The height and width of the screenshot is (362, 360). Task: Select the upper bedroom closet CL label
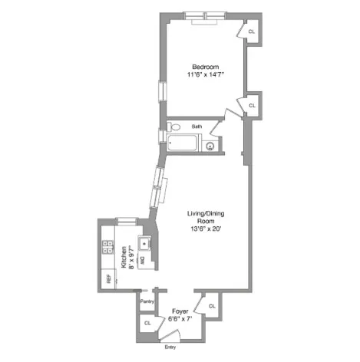(x=250, y=32)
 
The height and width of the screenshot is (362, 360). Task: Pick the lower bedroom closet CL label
(x=250, y=104)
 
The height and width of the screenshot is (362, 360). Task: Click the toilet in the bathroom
(x=175, y=127)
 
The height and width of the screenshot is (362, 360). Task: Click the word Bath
(x=197, y=127)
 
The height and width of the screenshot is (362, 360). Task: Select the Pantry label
(x=147, y=301)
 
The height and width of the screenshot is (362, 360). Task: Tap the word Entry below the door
(x=170, y=347)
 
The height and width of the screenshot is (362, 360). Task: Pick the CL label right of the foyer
(x=211, y=307)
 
